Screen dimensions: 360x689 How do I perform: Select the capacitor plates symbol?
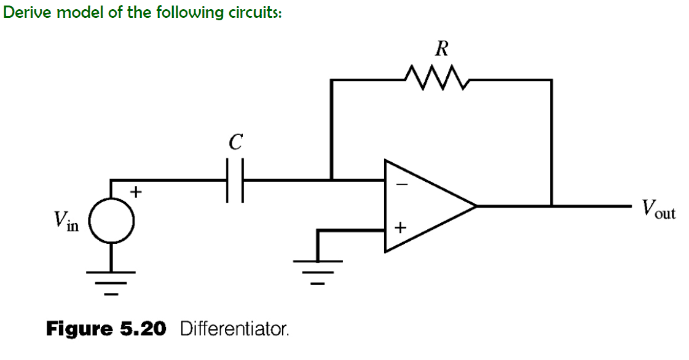coord(234,180)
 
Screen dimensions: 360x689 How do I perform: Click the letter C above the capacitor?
coord(234,143)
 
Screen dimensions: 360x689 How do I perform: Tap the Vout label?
coord(658,209)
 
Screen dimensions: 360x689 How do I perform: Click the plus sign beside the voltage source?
coord(137,192)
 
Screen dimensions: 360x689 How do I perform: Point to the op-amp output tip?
coord(476,206)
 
